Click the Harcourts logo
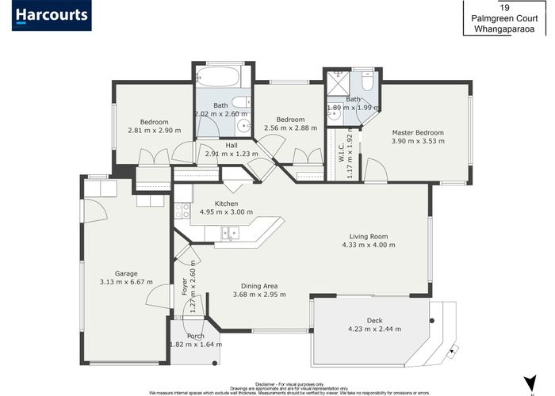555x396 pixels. [x=52, y=15]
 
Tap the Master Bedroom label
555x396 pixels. [x=417, y=132]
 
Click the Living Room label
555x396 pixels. [x=369, y=236]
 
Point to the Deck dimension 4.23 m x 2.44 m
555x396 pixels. [x=374, y=329]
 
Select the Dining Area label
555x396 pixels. [x=259, y=285]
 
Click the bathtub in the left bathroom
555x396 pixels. [x=217, y=78]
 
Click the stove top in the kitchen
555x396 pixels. [x=182, y=211]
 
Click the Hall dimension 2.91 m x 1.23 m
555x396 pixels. [x=232, y=154]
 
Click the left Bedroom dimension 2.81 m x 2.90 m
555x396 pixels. [x=154, y=130]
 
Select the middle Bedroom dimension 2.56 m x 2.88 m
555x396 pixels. [x=290, y=127]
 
